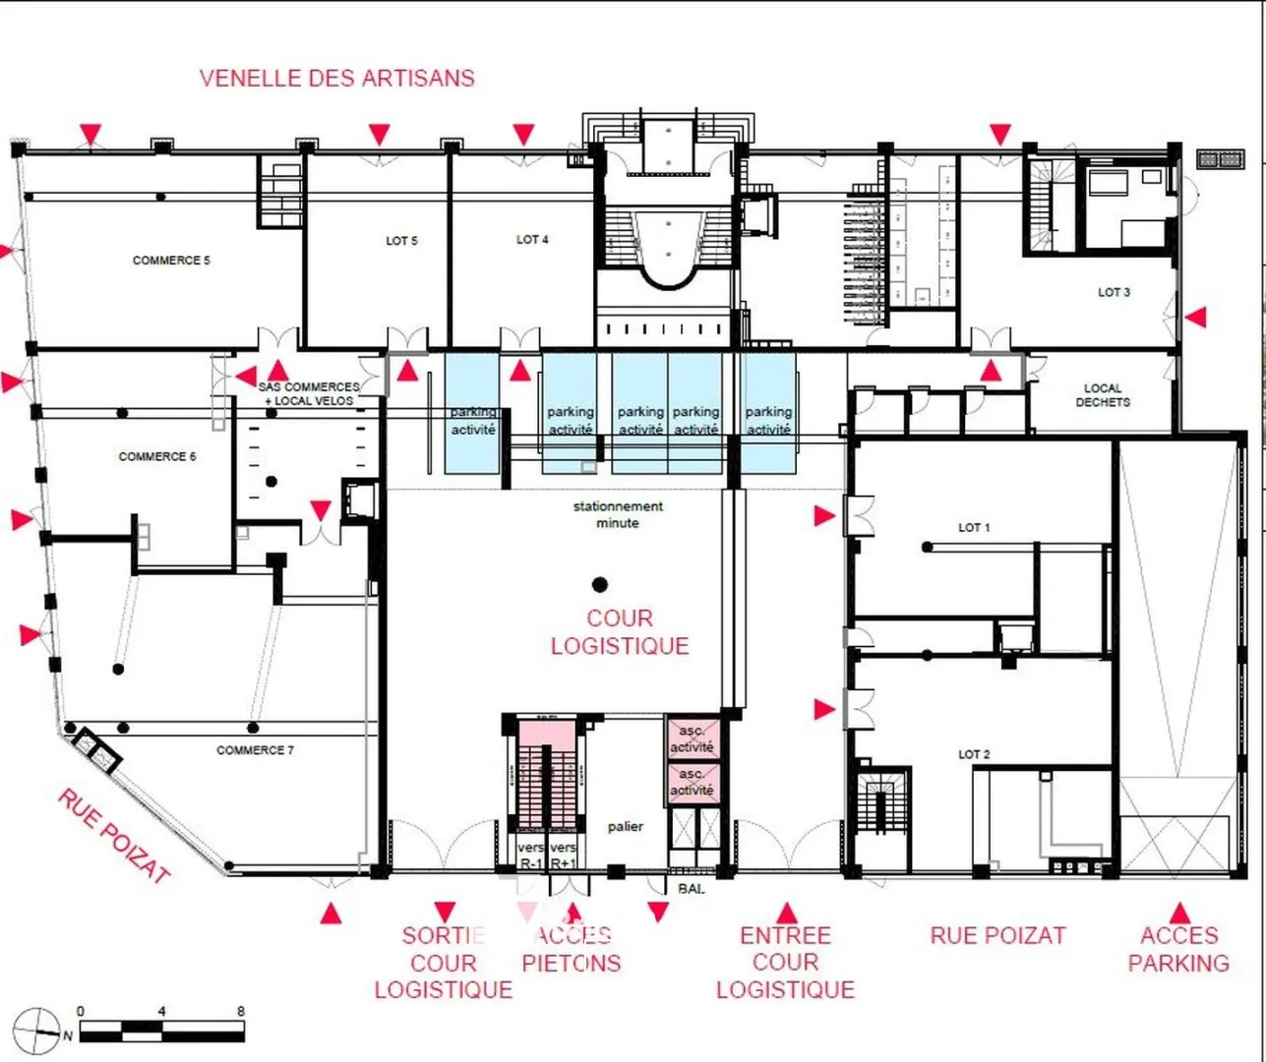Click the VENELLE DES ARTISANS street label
click(336, 78)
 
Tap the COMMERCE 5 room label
click(171, 261)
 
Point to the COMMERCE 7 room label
click(255, 750)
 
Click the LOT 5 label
click(401, 241)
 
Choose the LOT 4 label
click(532, 240)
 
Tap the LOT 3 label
click(1114, 292)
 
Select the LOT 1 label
click(974, 528)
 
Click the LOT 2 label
click(974, 754)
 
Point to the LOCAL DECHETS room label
click(1103, 395)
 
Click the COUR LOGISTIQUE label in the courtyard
click(620, 632)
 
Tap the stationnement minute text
click(618, 514)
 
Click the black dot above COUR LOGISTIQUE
click(599, 585)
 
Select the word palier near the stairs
click(626, 826)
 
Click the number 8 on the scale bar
click(240, 1011)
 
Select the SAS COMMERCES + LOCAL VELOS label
click(309, 393)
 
